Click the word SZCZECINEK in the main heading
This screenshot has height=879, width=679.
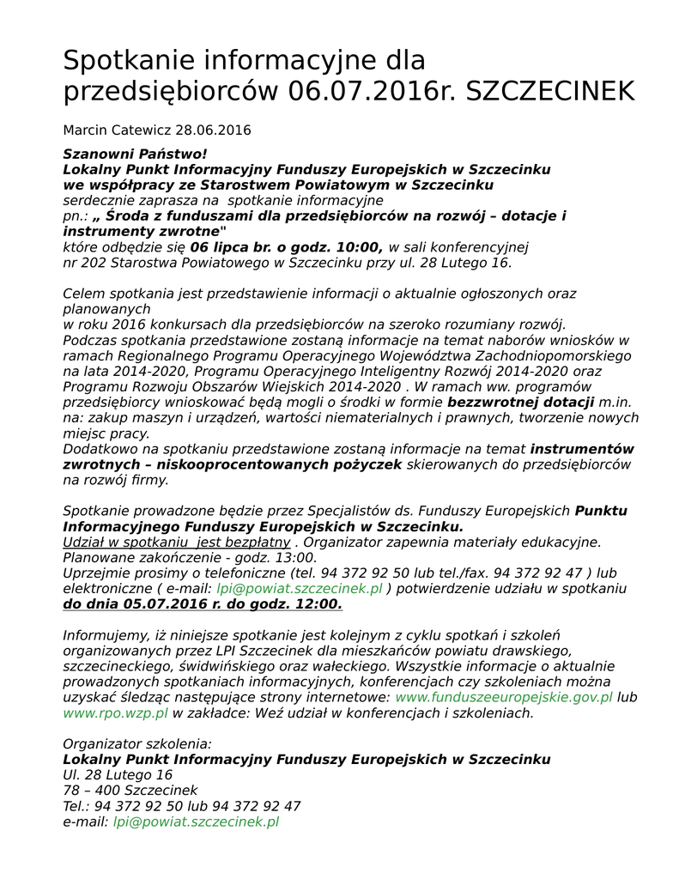(x=550, y=92)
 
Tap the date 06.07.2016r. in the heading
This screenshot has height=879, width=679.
(x=373, y=92)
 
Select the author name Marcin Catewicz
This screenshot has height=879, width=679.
(x=117, y=130)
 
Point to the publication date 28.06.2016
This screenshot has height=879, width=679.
(x=213, y=130)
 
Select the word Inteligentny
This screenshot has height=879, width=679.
(x=397, y=371)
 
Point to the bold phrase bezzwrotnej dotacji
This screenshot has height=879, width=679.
(x=521, y=402)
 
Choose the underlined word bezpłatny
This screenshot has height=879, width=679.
(x=257, y=543)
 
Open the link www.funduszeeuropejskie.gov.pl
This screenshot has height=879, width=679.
(x=504, y=698)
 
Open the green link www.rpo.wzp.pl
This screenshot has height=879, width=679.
(x=115, y=713)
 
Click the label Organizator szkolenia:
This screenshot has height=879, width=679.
(x=136, y=744)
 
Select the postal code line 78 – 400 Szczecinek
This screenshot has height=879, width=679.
(x=130, y=791)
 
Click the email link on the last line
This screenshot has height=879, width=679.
(x=196, y=821)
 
